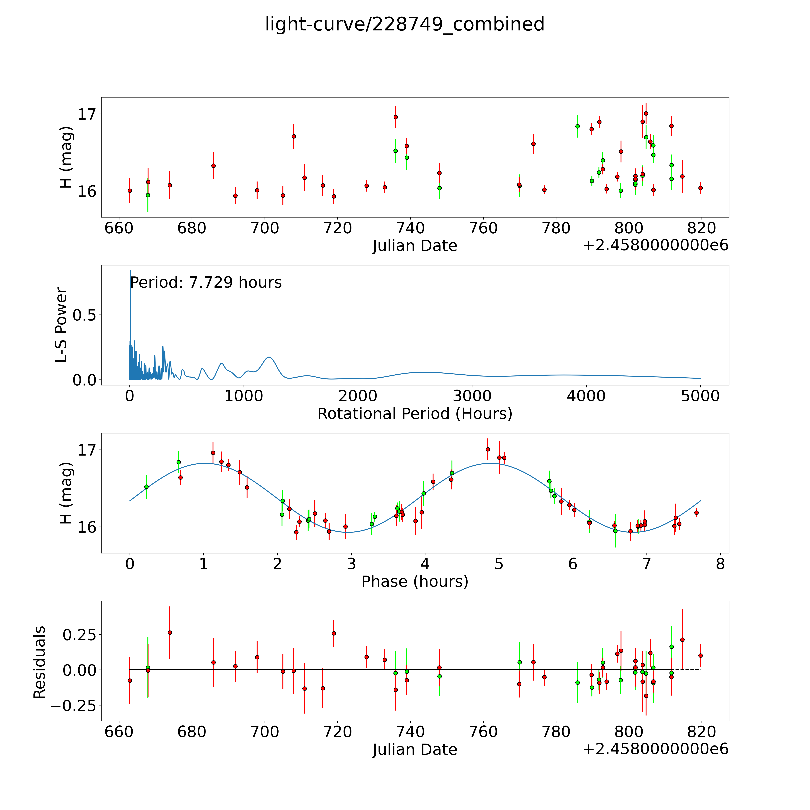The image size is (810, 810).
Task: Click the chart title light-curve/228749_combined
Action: pos(405,24)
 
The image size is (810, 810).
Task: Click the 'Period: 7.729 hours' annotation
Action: pos(205,283)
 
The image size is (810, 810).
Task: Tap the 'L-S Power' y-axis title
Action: pos(61,325)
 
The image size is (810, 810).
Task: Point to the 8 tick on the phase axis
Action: pos(720,564)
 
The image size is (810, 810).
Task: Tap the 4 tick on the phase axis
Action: pos(425,564)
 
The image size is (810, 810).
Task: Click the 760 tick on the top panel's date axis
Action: pos(483,228)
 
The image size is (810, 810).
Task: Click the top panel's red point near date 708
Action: pos(294,136)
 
